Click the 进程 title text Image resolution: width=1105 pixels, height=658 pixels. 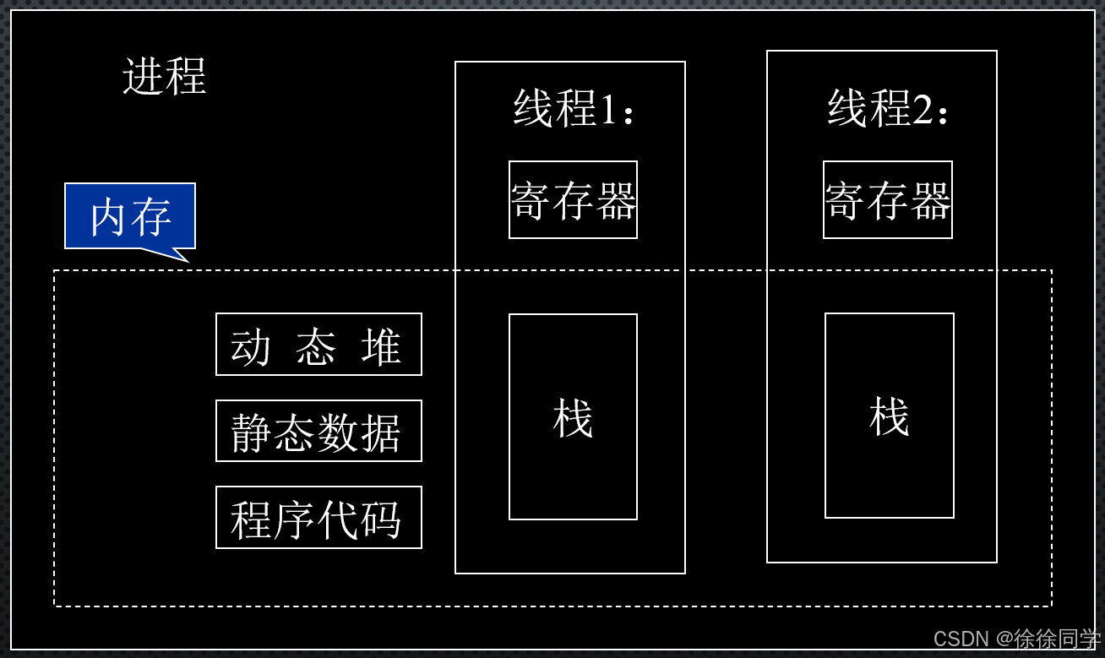[x=164, y=77]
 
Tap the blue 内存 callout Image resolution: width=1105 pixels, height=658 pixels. [x=130, y=216]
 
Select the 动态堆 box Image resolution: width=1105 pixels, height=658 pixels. [x=318, y=345]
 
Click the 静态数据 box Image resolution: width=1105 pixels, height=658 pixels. [x=318, y=431]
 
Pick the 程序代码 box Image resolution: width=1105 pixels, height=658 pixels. [x=318, y=517]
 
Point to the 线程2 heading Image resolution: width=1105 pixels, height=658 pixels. [x=887, y=109]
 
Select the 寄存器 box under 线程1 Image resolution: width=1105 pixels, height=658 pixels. [x=573, y=200]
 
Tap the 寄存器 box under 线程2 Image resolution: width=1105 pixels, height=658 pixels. [x=888, y=200]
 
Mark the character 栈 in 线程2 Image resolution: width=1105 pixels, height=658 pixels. [x=890, y=416]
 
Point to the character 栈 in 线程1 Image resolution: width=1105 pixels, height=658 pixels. [x=573, y=418]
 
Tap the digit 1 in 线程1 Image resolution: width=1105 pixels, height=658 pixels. [x=608, y=110]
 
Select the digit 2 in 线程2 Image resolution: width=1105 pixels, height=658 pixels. [x=923, y=110]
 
